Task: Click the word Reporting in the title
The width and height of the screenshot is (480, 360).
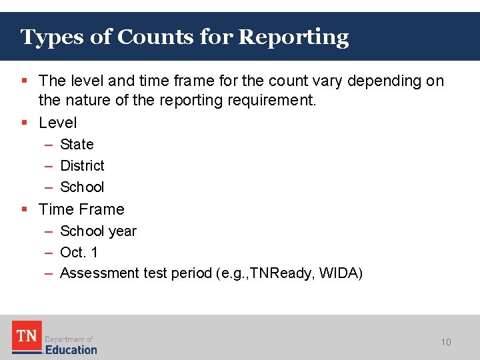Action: (x=293, y=37)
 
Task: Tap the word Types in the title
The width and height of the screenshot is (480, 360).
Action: (x=53, y=37)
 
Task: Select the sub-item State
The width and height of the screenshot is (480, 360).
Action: (x=77, y=144)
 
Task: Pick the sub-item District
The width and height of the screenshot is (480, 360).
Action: (x=82, y=165)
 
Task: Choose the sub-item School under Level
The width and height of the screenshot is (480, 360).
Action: (x=82, y=187)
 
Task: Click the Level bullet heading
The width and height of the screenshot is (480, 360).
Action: (x=58, y=123)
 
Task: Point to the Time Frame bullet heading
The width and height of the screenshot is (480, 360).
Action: (x=81, y=209)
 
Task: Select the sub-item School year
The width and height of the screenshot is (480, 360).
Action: (x=98, y=231)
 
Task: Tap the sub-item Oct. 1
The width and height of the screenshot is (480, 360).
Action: (x=79, y=253)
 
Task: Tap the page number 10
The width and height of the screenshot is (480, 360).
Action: (x=446, y=342)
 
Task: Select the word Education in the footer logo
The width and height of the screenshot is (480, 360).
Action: (x=71, y=349)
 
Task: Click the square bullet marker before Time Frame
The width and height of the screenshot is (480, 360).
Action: (x=24, y=209)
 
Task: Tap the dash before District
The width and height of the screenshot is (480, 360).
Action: (x=49, y=165)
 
